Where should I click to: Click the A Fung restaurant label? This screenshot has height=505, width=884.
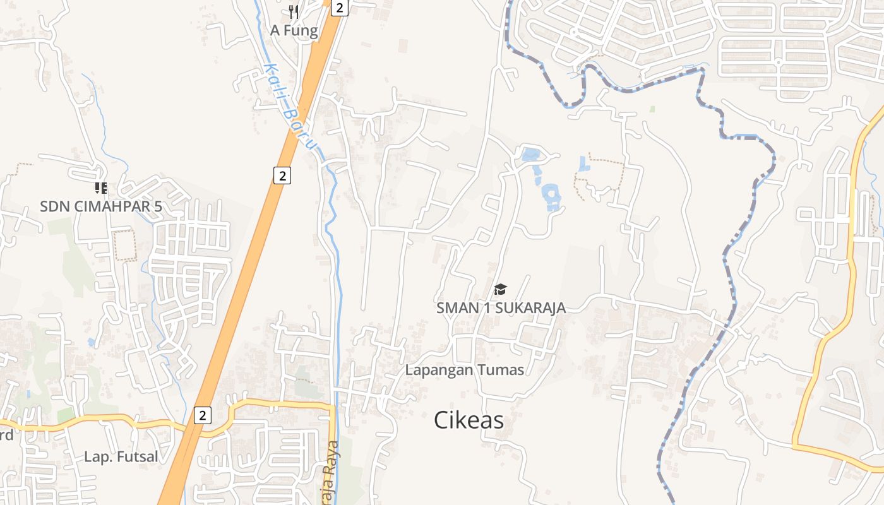click(x=294, y=30)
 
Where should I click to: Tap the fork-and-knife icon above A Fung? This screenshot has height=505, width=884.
click(x=293, y=11)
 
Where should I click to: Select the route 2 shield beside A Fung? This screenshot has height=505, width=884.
click(x=340, y=8)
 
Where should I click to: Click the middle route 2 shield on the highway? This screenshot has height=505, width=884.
click(x=282, y=175)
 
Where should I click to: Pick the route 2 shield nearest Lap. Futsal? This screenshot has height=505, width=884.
click(x=202, y=415)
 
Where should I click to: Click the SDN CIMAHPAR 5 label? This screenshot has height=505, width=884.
click(x=101, y=206)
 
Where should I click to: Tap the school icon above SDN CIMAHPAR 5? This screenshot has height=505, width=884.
click(x=101, y=188)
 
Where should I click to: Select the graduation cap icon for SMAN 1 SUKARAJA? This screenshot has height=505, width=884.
click(x=500, y=289)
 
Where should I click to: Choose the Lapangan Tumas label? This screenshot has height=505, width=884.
click(x=464, y=370)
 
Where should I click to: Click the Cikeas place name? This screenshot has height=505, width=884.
click(x=469, y=420)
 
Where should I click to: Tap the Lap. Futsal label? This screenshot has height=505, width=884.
click(x=121, y=456)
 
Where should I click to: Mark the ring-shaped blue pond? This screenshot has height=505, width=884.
click(x=551, y=196)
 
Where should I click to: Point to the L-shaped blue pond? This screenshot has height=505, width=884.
click(x=582, y=163)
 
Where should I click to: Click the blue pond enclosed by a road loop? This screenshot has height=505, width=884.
click(x=530, y=154)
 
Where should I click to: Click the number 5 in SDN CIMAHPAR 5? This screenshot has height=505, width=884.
click(x=158, y=206)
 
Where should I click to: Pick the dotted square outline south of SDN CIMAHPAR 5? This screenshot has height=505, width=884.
click(x=124, y=245)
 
